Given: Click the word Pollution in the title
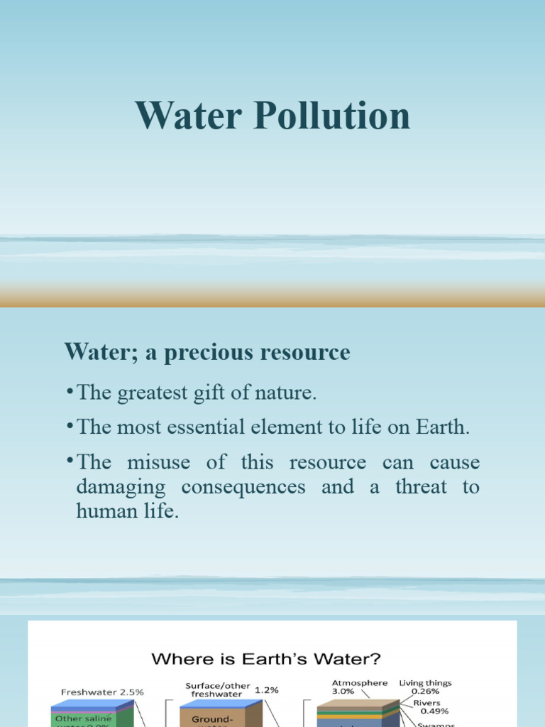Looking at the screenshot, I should (x=331, y=116).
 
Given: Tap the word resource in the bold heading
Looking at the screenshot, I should (x=307, y=352).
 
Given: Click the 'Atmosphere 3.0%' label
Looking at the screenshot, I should (x=359, y=687).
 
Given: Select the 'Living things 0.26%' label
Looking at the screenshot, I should (x=425, y=687).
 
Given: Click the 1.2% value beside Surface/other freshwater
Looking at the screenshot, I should (x=266, y=689).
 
